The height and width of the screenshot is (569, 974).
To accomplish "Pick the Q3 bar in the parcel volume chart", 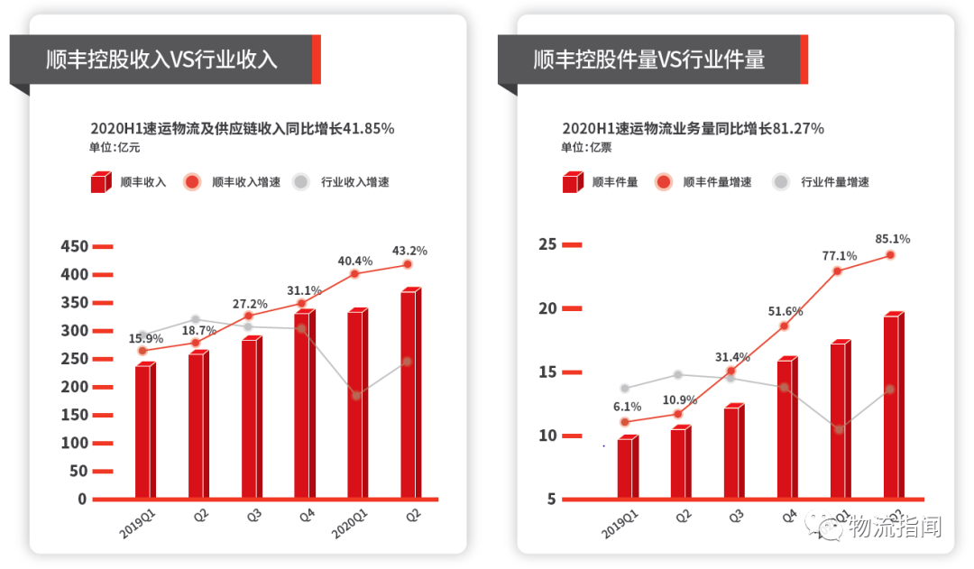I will click(733, 452).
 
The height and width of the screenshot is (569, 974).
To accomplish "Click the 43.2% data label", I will click(409, 250).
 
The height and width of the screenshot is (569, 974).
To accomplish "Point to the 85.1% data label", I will click(892, 239).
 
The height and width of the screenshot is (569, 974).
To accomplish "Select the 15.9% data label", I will click(146, 338).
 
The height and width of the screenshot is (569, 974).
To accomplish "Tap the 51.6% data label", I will click(785, 311).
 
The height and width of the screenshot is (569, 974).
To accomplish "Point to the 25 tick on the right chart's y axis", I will click(547, 244).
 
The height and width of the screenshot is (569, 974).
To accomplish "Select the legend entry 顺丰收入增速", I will click(245, 182).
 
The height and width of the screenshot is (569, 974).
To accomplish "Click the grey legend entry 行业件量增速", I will click(834, 182).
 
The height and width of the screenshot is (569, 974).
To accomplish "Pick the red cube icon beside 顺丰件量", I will click(572, 183).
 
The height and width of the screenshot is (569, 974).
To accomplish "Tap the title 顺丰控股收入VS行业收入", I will click(162, 60).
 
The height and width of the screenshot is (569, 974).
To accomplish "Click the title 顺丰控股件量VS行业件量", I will click(649, 60).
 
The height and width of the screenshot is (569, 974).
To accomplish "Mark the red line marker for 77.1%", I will click(838, 271).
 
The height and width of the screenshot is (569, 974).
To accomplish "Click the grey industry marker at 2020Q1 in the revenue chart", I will click(355, 395).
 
